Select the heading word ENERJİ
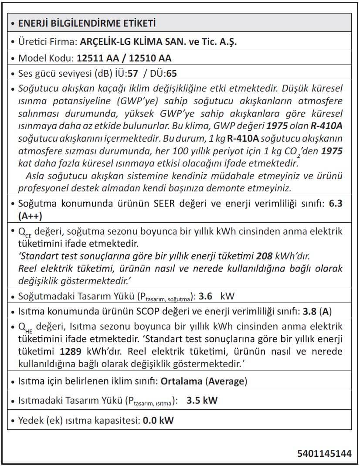36,23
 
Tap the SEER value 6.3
336,204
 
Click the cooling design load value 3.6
205,297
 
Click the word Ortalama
181,381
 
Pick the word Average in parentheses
226,381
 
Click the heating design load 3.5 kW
202,401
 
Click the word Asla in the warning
35,177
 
